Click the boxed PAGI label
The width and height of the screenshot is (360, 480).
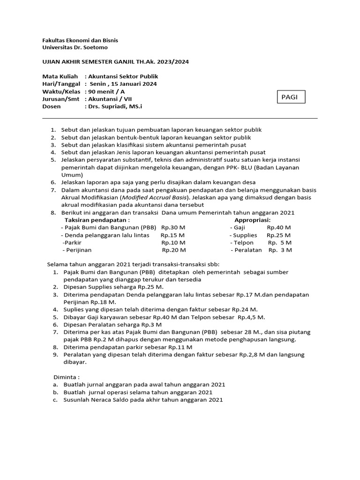(x=290, y=97)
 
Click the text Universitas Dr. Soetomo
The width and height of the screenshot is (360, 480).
(x=75, y=47)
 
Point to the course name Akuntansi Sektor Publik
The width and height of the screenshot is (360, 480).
(x=121, y=76)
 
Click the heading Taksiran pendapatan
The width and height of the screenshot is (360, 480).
(x=97, y=220)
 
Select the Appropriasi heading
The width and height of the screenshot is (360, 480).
(x=253, y=220)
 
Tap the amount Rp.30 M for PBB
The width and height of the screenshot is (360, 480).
(x=173, y=227)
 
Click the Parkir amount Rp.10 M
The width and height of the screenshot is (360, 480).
(x=173, y=242)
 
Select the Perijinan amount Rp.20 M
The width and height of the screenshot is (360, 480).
(x=173, y=250)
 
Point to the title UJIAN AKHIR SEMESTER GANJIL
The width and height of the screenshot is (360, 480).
(x=95, y=61)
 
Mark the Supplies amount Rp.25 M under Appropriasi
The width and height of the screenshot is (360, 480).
(x=278, y=235)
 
